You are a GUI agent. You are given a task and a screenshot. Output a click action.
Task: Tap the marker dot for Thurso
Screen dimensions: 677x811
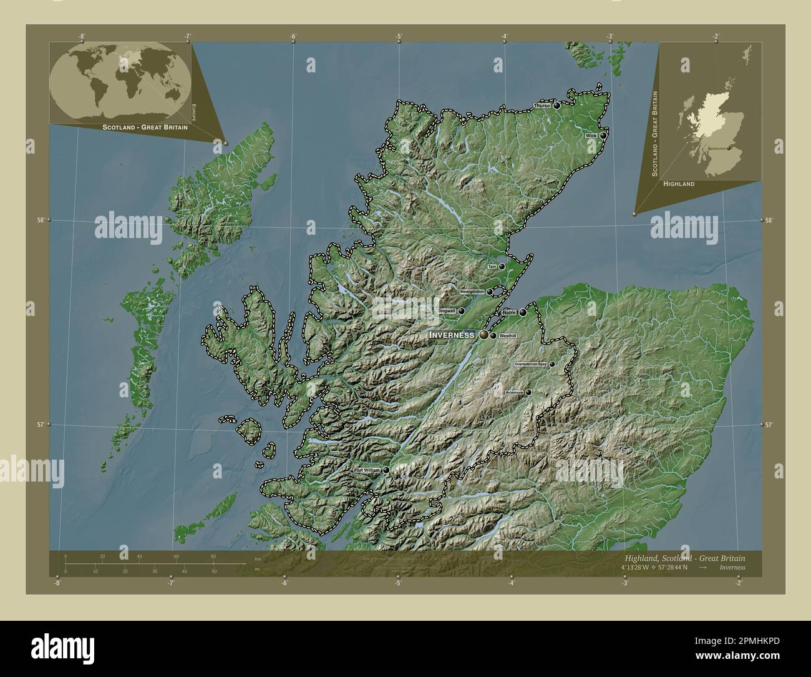556,106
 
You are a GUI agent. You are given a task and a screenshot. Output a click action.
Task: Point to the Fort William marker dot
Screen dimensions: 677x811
387,470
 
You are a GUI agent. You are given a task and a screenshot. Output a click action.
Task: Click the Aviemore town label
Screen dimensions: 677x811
514,393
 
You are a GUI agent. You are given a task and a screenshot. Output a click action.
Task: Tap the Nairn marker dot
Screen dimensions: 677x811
523,312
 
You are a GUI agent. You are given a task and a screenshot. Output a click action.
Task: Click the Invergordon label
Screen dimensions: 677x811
472,292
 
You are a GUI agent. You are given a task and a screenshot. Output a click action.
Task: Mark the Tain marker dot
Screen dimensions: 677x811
502,266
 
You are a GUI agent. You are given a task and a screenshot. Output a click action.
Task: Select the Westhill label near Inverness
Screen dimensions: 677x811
508,336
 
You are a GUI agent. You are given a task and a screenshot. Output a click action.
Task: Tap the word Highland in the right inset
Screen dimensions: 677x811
679,184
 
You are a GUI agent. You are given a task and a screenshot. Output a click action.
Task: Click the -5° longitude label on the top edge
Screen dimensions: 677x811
398,37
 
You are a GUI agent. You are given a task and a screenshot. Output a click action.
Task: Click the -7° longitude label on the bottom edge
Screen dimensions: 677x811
170,584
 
